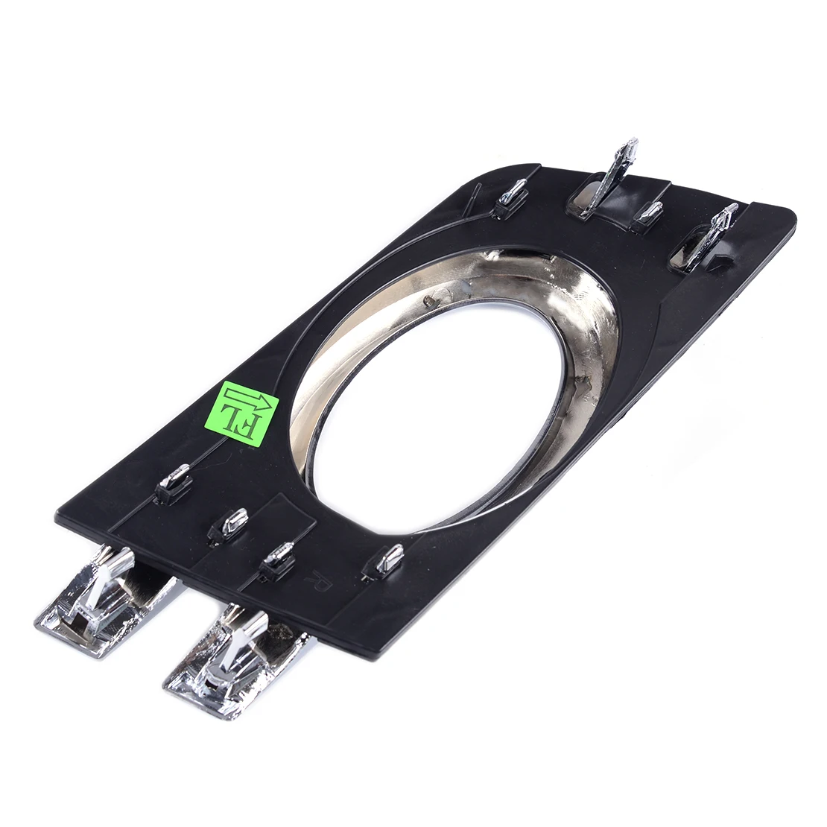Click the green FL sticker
click(241, 413)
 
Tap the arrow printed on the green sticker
click(250, 400)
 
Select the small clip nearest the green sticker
click(174, 483)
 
